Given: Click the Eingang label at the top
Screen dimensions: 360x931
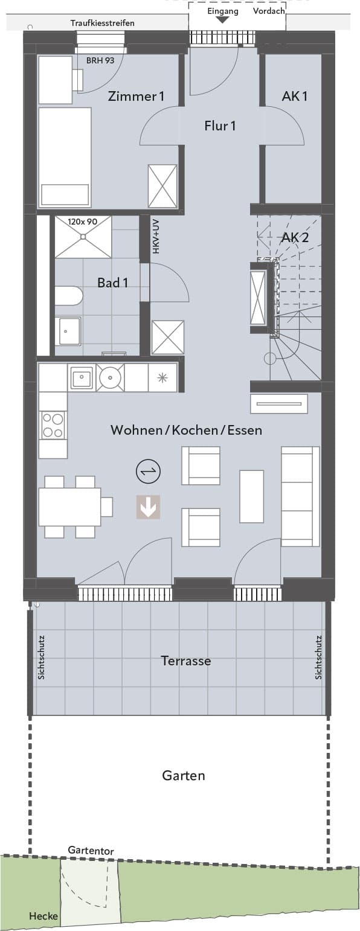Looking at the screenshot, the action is pos(223,11).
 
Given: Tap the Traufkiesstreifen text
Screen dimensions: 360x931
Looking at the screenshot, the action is pos(102,24).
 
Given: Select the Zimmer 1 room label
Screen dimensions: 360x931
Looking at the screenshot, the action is pos(136,97).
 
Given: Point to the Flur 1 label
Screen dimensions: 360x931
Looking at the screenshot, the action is pos(220,126).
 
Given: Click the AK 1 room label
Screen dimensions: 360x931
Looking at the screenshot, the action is pos(294,97).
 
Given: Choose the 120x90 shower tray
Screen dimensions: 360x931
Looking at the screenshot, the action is pos(83,237).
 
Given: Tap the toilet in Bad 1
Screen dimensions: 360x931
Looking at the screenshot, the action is pos(69,296).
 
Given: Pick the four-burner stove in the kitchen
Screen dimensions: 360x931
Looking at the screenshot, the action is pos(53,425).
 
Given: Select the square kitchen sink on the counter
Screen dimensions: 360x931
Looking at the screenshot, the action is pos(82,377).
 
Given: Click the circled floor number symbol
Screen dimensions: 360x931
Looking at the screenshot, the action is pos(149,472).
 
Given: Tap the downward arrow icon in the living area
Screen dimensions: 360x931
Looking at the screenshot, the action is pos(149,507).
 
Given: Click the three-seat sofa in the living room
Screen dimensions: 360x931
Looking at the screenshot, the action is pos(301,497).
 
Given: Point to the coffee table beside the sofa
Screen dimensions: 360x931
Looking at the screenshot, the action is pos(251,496).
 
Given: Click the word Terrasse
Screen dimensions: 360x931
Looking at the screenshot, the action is pos(186,661).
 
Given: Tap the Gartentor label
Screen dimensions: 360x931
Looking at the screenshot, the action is pos(91,850).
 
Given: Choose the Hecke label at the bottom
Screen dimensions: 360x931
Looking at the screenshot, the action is pos(43,916).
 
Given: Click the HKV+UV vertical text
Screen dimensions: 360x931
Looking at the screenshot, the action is pos(156,237).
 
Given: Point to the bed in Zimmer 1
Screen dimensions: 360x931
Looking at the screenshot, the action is pos(65,157).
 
